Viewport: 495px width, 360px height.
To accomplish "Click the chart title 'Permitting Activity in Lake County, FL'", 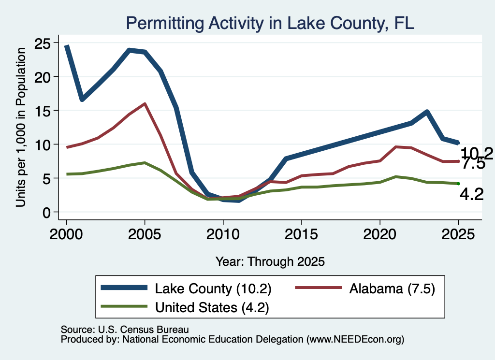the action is pyautogui.click(x=270, y=23).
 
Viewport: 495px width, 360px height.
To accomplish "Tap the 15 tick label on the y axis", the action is pyautogui.click(x=42, y=111).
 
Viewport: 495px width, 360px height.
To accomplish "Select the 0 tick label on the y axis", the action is pyautogui.click(x=46, y=213).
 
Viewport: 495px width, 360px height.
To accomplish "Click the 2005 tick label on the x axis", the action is pyautogui.click(x=145, y=234).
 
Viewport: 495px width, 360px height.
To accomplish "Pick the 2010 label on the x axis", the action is pyautogui.click(x=223, y=234).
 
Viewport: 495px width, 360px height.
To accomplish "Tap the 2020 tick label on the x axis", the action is pyautogui.click(x=380, y=234).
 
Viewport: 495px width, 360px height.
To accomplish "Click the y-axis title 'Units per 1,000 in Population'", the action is pyautogui.click(x=21, y=127).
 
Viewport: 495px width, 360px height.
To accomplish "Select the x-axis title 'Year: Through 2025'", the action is pyautogui.click(x=270, y=261).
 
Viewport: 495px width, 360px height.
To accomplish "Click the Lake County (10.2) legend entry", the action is pyautogui.click(x=186, y=288).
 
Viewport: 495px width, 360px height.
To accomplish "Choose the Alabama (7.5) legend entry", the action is pyautogui.click(x=365, y=288).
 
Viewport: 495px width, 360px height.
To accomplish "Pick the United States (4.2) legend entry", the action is pyautogui.click(x=185, y=307).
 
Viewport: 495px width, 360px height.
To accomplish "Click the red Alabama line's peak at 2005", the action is pyautogui.click(x=145, y=103).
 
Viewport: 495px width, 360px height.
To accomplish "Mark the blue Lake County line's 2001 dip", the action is pyautogui.click(x=82, y=100).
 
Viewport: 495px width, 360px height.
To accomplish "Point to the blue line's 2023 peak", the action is pyautogui.click(x=427, y=111).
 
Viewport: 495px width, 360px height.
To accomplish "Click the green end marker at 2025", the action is pyautogui.click(x=458, y=184).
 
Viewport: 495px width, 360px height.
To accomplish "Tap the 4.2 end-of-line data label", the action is pyautogui.click(x=472, y=194).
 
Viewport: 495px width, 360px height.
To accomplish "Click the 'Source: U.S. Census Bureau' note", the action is pyautogui.click(x=125, y=330).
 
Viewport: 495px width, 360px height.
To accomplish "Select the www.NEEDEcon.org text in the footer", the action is pyautogui.click(x=355, y=339).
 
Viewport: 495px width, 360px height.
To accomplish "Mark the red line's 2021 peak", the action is pyautogui.click(x=395, y=147).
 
